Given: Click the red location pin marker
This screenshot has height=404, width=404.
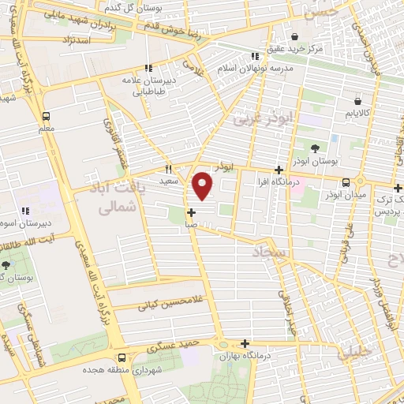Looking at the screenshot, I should click(x=204, y=185).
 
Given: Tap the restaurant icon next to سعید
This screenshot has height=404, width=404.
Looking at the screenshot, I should click(x=168, y=169).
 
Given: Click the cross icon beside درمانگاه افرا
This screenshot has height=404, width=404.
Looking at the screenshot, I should click(x=278, y=170).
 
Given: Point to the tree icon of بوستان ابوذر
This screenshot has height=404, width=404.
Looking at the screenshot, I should click(x=316, y=148).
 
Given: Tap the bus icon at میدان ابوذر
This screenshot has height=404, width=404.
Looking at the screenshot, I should click(x=346, y=182).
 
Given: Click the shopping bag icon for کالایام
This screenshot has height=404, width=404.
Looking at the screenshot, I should click(x=358, y=101).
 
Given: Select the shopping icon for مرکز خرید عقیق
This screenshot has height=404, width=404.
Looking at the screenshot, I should click(x=294, y=36).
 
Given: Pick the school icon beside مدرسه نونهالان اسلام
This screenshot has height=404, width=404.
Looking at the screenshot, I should click(x=254, y=56).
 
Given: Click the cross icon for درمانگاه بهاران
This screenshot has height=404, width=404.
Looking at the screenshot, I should click(x=245, y=343).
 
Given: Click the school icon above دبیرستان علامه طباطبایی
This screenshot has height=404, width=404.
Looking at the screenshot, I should click(x=148, y=69).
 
